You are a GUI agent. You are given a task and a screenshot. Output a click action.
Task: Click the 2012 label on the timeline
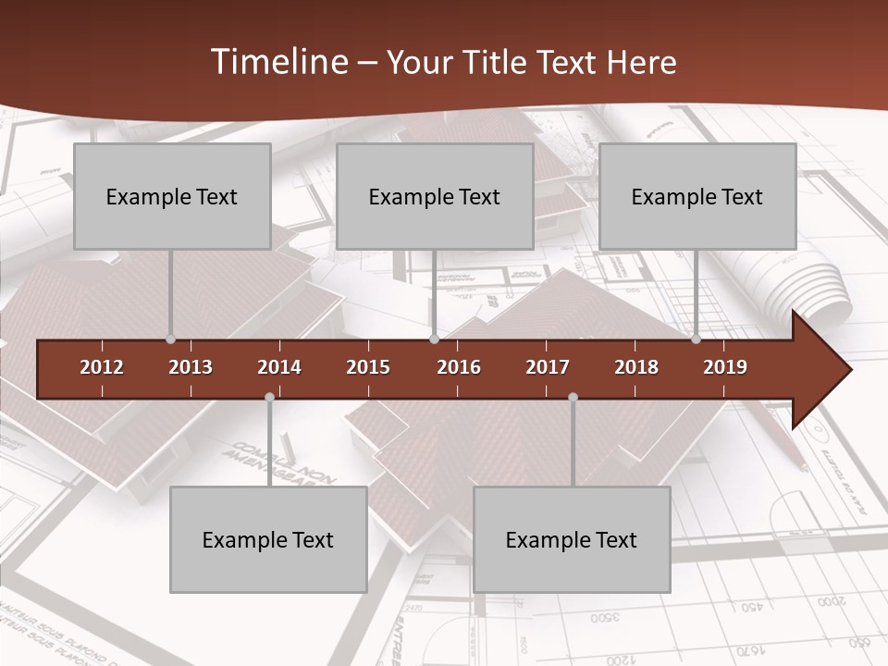point(102,367)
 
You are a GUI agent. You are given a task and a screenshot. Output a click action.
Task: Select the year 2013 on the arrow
point(191,367)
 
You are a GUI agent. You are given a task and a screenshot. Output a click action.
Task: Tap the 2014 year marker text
point(279,367)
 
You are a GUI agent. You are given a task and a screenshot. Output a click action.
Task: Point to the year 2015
point(368,367)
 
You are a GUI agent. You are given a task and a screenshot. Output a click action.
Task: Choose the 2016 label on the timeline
point(459,367)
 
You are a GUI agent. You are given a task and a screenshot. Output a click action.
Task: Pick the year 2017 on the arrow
point(548,367)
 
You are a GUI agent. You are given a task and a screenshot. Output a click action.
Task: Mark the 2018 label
point(636,367)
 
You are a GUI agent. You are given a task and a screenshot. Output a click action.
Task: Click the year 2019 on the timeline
point(725,367)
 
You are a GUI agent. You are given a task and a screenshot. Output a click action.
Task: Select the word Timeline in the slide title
point(278,62)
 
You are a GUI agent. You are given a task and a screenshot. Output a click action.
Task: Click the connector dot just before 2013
point(170,339)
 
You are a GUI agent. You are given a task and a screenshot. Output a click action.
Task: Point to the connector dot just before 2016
point(434,339)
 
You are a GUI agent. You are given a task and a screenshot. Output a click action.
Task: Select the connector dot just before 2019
point(697,339)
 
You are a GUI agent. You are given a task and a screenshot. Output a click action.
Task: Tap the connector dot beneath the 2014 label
point(269,397)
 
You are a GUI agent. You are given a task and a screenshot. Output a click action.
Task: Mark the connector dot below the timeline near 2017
point(573,397)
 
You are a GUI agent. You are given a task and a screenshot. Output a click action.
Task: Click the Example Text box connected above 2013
point(172,196)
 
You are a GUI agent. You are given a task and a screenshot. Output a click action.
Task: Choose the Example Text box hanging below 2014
point(268,539)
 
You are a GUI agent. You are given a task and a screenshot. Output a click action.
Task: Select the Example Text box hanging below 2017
point(572,539)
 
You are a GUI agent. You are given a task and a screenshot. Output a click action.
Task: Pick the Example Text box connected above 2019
point(697,196)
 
